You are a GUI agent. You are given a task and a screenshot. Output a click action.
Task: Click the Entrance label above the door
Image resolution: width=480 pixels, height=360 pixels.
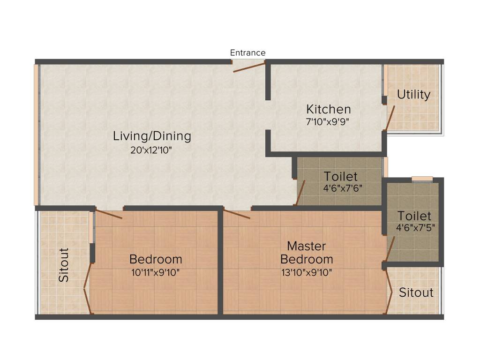[247, 53]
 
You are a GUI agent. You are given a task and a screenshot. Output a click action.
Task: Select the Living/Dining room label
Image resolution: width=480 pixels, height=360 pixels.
[152, 136]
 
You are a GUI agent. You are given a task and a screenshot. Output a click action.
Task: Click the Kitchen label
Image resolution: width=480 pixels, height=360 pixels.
[328, 109]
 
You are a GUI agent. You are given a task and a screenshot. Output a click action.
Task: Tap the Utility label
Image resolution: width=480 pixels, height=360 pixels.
[413, 95]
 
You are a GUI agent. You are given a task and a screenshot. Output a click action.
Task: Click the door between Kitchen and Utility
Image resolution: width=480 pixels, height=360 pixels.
[390, 118]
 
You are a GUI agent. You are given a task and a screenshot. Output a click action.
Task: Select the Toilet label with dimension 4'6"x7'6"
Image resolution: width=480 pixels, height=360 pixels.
[341, 177]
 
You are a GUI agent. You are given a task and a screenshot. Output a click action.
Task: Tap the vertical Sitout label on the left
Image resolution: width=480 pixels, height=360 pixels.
[64, 265]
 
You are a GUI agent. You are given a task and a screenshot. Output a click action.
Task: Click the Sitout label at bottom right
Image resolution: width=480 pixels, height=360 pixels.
[416, 293]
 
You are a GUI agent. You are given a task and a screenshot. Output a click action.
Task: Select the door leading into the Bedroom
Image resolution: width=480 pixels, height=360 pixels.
[109, 213]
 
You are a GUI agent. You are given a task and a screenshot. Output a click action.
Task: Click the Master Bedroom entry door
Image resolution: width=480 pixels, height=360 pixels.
[237, 215]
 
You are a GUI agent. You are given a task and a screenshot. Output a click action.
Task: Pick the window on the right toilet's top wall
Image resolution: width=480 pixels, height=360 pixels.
[422, 179]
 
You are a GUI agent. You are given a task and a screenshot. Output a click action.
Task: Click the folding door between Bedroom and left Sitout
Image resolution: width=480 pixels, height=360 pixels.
[87, 288]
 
